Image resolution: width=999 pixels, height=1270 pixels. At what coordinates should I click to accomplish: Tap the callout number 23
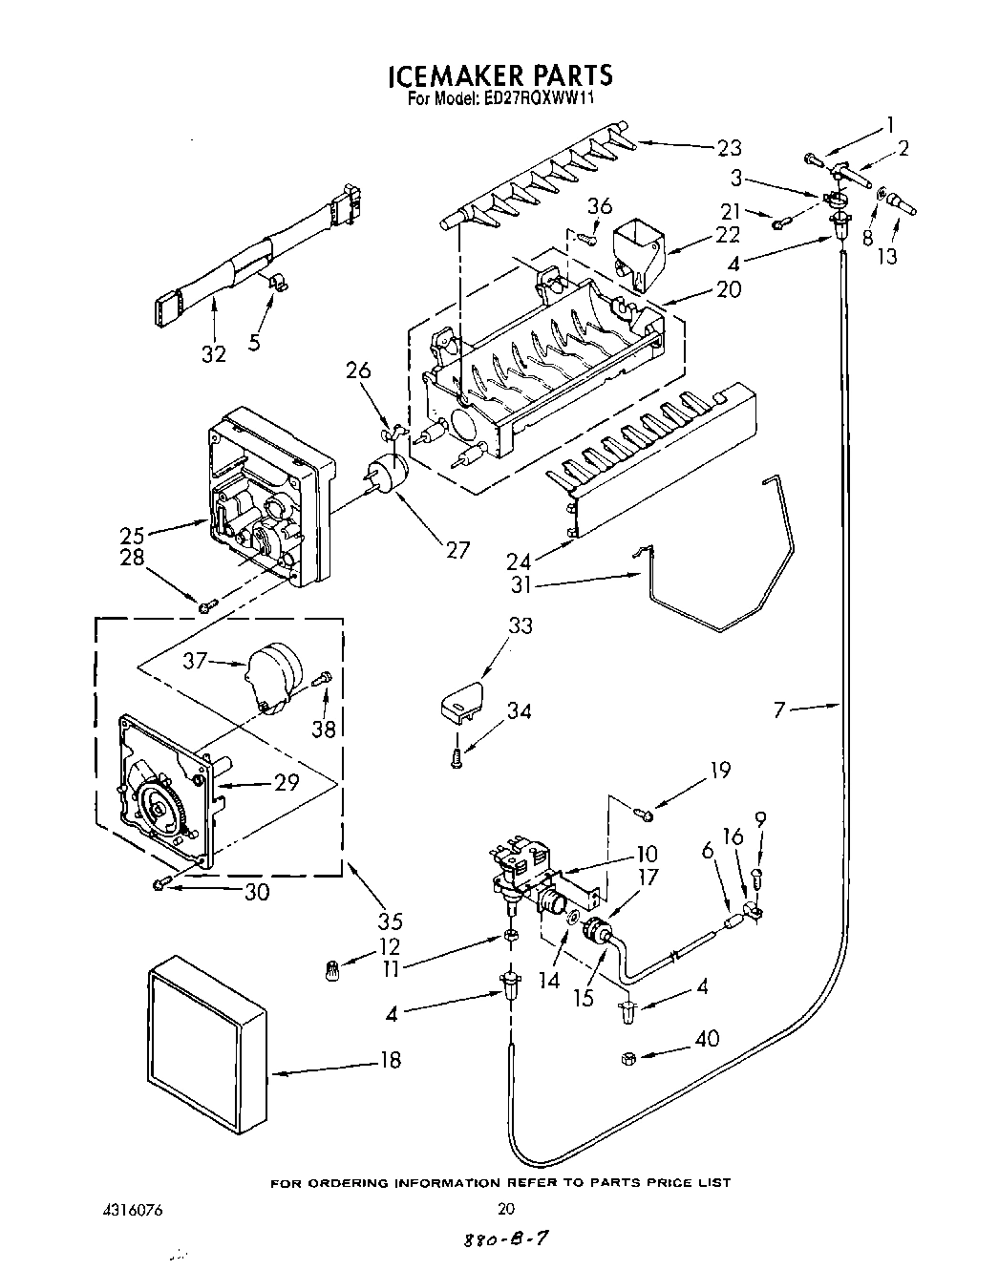[x=729, y=147]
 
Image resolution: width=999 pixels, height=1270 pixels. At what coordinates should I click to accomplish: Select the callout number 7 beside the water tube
[x=781, y=709]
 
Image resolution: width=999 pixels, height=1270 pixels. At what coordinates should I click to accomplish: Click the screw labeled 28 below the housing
[x=206, y=604]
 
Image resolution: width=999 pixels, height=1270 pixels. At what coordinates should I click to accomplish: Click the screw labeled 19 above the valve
[x=644, y=813]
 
